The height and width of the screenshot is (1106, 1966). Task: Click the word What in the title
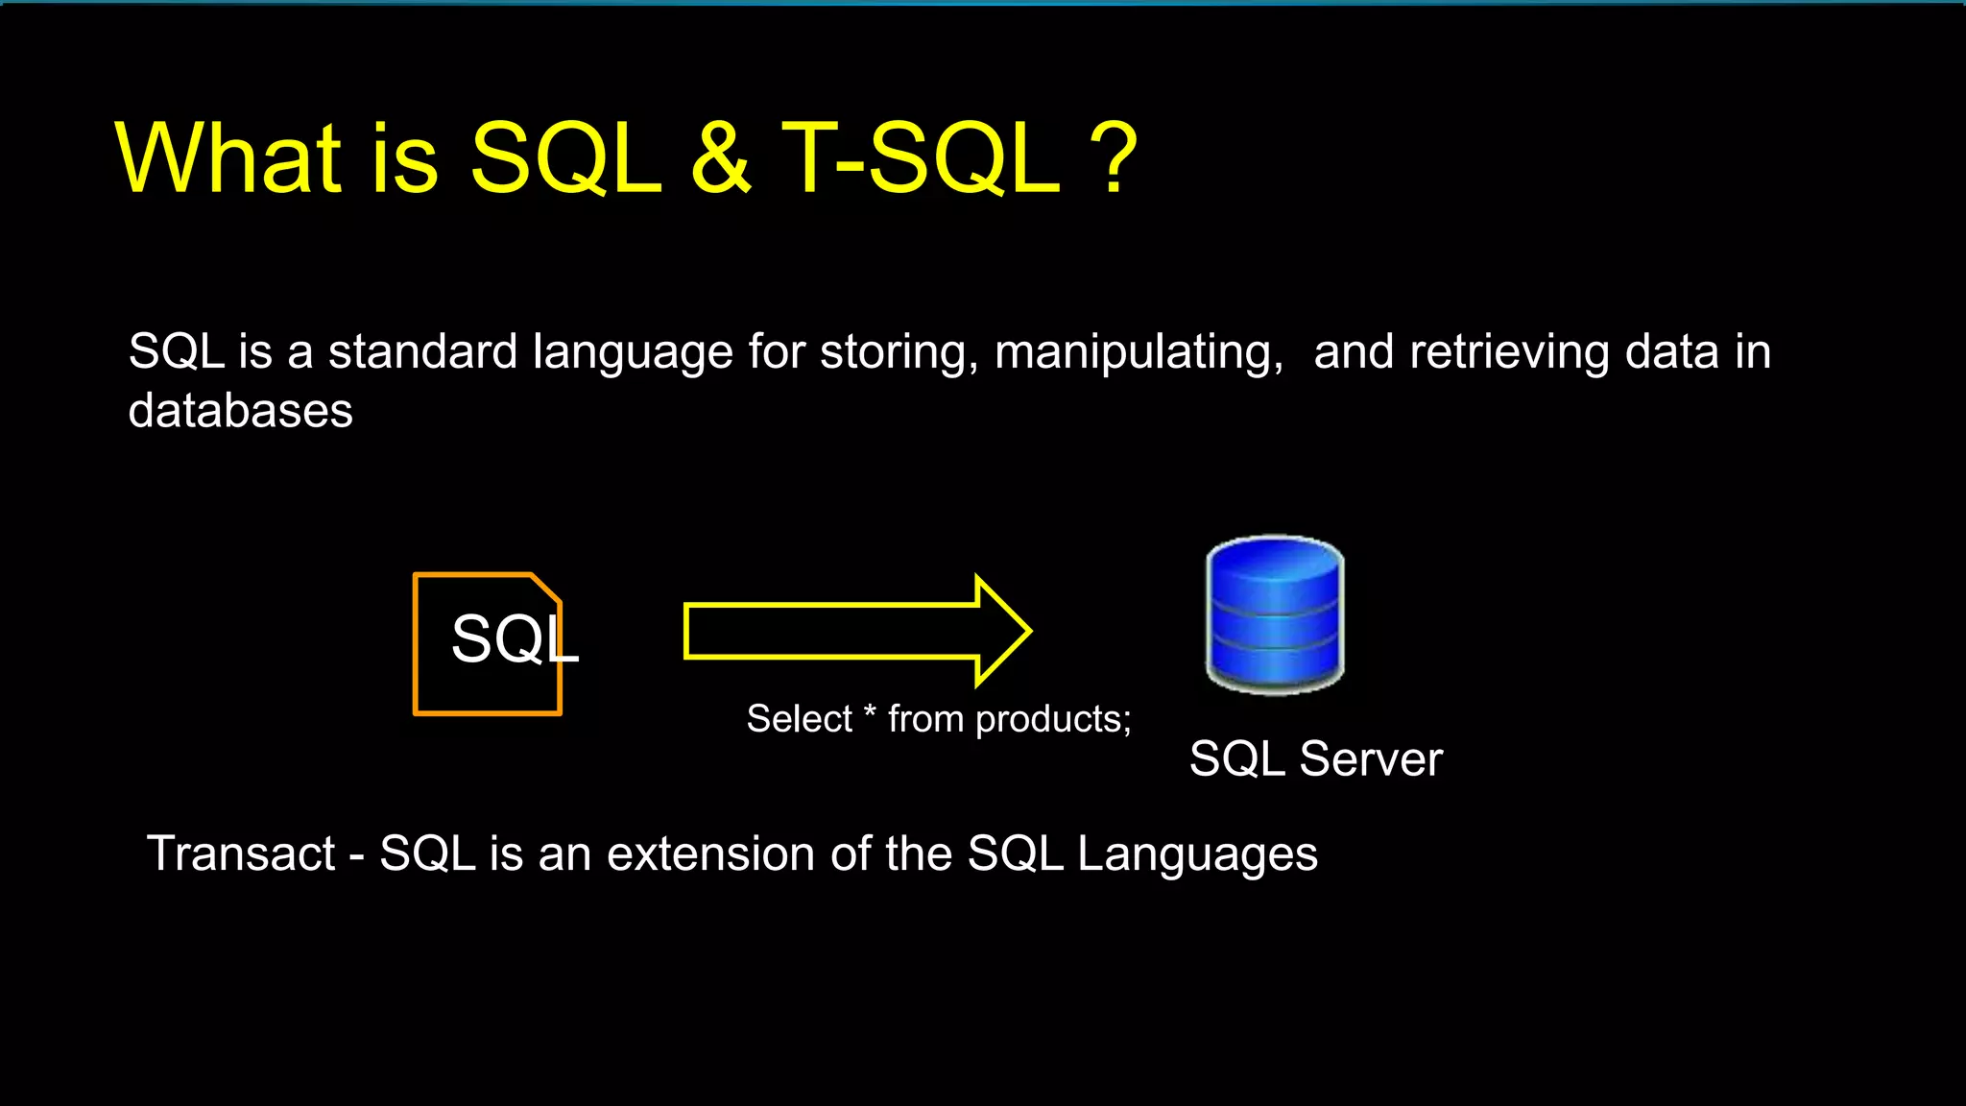(228, 158)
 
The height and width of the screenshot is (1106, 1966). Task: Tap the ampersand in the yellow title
(720, 158)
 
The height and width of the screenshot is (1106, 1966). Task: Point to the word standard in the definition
(422, 351)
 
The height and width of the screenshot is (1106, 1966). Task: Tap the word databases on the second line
(240, 411)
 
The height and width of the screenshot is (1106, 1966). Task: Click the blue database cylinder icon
(1275, 614)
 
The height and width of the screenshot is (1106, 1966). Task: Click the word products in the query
(1053, 720)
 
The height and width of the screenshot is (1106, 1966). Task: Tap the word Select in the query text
(799, 719)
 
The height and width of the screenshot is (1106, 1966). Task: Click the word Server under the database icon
(1370, 759)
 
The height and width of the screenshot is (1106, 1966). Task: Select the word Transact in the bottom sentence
(241, 854)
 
